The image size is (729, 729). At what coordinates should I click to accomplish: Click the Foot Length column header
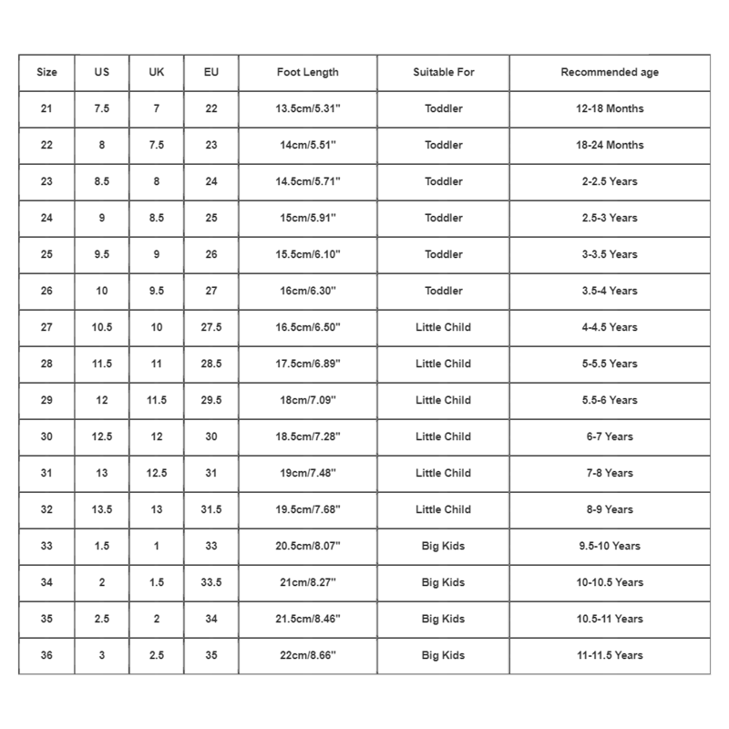pyautogui.click(x=308, y=72)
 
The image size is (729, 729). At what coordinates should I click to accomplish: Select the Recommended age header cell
pyautogui.click(x=610, y=72)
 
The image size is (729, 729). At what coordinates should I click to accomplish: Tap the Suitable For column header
pyautogui.click(x=444, y=72)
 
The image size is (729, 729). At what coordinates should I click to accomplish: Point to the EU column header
pyautogui.click(x=211, y=72)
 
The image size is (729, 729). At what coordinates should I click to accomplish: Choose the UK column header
pyautogui.click(x=157, y=72)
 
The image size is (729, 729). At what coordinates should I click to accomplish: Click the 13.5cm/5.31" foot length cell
pyautogui.click(x=308, y=108)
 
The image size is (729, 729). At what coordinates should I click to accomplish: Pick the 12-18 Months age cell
pyautogui.click(x=610, y=108)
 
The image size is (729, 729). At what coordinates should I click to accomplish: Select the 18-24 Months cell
pyautogui.click(x=610, y=145)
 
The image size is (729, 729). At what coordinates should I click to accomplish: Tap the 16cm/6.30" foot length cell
pyautogui.click(x=308, y=291)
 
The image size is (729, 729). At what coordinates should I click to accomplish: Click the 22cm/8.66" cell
pyautogui.click(x=308, y=655)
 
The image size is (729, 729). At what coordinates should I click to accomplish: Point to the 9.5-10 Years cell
pyautogui.click(x=610, y=546)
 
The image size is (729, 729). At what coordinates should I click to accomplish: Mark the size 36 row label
pyautogui.click(x=46, y=655)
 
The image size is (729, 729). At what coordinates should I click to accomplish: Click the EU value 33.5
pyautogui.click(x=211, y=582)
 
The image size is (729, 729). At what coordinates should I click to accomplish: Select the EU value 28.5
pyautogui.click(x=211, y=364)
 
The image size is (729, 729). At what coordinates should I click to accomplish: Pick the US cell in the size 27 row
pyautogui.click(x=102, y=327)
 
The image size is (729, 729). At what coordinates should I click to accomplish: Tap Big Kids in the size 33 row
pyautogui.click(x=444, y=546)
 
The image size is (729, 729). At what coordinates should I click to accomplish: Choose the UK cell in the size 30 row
pyautogui.click(x=157, y=436)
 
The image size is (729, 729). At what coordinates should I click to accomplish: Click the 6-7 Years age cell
pyautogui.click(x=610, y=436)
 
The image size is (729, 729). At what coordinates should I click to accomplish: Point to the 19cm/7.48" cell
pyautogui.click(x=308, y=473)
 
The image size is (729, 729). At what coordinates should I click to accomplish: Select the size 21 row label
pyautogui.click(x=46, y=108)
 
